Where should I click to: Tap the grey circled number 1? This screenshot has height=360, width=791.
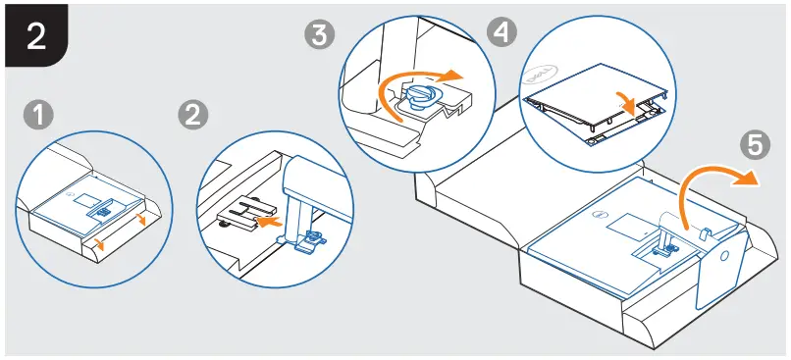38,116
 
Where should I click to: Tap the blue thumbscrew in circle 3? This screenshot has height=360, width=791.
419,94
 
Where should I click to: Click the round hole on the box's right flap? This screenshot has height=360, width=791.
725,252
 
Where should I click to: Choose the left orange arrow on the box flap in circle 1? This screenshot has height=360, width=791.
98,238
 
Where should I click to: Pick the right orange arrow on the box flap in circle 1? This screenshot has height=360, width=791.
143,221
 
